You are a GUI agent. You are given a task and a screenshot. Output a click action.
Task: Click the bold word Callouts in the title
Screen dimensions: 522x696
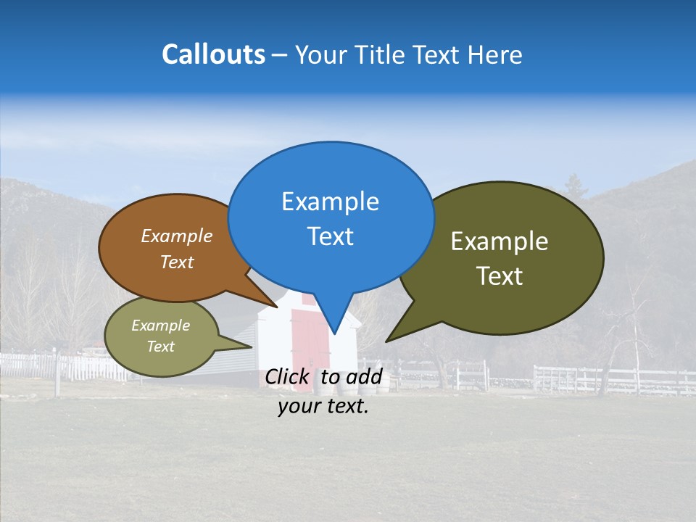(x=213, y=54)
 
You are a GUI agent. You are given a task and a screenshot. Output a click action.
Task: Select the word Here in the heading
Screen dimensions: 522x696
(x=495, y=54)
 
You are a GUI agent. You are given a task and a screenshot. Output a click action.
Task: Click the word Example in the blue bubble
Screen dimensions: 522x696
(x=330, y=202)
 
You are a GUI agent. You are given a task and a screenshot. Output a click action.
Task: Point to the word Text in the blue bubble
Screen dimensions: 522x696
(x=330, y=236)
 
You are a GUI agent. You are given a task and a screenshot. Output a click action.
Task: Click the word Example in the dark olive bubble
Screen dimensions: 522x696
(x=500, y=241)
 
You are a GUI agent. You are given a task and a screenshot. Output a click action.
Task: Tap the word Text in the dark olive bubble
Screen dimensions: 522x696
(x=500, y=276)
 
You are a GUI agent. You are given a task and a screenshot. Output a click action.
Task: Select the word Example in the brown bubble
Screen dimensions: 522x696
(x=176, y=236)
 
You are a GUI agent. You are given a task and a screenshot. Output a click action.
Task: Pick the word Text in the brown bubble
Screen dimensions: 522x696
(x=176, y=262)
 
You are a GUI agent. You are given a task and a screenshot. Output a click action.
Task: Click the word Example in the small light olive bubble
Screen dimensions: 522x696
(x=160, y=326)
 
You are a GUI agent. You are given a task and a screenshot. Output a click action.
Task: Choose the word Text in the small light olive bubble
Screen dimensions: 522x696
(x=160, y=347)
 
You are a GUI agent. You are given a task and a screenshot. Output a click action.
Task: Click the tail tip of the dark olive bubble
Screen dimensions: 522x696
(x=387, y=340)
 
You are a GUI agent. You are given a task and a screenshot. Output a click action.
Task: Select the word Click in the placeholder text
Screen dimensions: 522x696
(x=288, y=377)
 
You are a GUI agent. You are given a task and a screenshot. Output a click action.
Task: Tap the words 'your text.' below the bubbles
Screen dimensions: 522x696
(x=323, y=407)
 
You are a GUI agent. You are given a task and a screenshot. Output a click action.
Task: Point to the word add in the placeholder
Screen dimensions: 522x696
(x=364, y=377)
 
